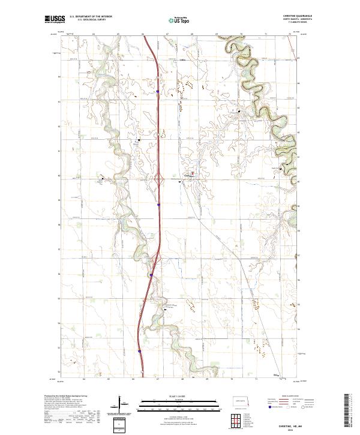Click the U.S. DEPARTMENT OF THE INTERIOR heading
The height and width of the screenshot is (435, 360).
[90, 16]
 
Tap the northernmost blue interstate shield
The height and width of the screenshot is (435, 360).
[157, 92]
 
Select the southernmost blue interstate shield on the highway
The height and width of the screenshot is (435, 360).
[139, 351]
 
